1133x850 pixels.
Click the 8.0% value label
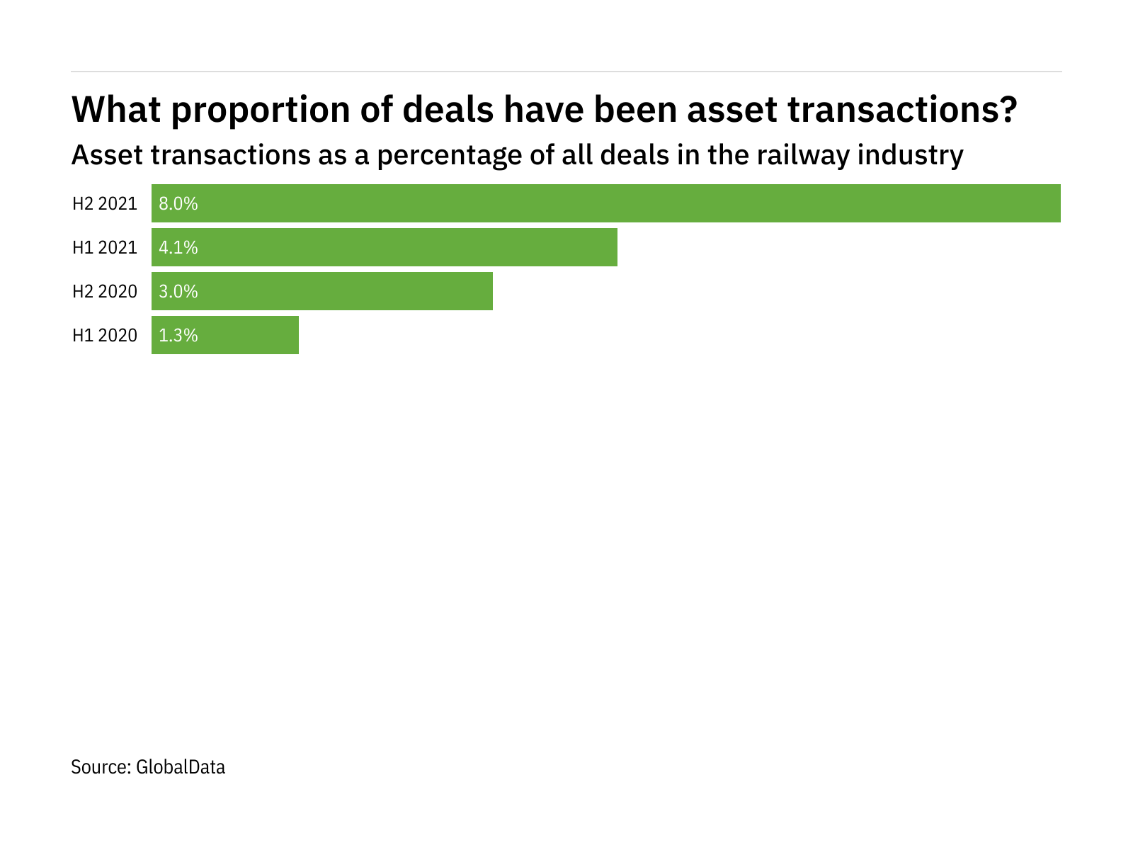pos(178,204)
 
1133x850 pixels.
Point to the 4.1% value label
pos(178,248)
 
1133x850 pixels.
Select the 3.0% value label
pos(178,292)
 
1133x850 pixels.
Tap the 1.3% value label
pos(178,336)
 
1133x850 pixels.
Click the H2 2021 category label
pos(105,204)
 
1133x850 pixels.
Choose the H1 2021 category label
pos(105,248)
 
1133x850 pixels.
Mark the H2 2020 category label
pos(105,292)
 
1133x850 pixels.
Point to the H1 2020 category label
pos(105,336)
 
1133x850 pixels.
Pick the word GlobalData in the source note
pos(181,767)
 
